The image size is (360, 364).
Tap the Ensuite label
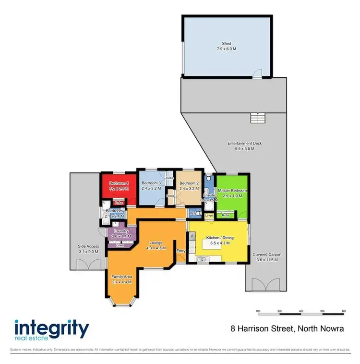[x=208, y=196]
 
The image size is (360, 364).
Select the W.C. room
[x=193, y=213]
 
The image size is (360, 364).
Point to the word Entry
[x=181, y=251]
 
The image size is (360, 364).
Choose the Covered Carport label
[x=267, y=257]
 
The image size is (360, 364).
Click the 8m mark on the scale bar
[x=344, y=311]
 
